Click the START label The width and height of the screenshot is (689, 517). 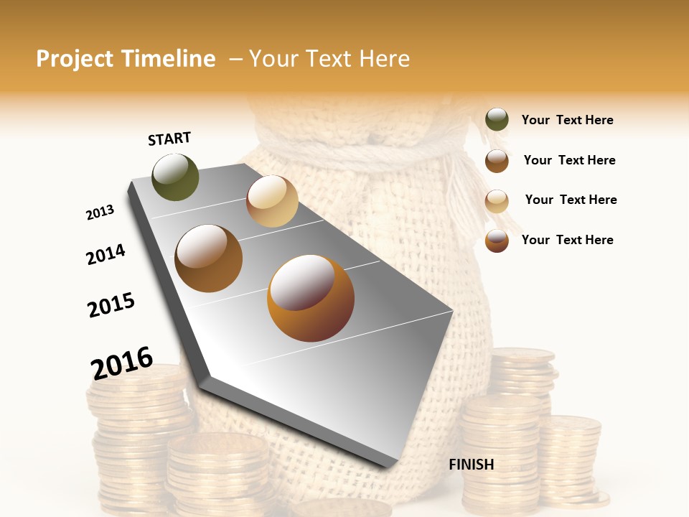(x=169, y=139)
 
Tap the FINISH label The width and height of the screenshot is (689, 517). (x=472, y=465)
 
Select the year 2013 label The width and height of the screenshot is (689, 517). (x=100, y=213)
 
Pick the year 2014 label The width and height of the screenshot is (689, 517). (x=106, y=254)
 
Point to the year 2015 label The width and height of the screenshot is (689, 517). (x=111, y=305)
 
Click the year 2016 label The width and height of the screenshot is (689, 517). (x=122, y=363)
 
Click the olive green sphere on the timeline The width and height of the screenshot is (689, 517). (x=176, y=177)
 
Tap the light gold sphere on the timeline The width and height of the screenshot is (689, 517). (x=272, y=201)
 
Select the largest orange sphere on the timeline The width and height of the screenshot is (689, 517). (x=311, y=298)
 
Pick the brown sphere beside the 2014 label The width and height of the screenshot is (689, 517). (x=209, y=258)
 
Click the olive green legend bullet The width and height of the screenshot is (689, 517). (x=497, y=120)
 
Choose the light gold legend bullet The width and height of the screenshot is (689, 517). (x=497, y=201)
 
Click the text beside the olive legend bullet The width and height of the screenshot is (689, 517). (x=567, y=120)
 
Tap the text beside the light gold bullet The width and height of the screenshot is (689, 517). (x=571, y=200)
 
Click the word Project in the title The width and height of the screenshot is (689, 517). (x=75, y=59)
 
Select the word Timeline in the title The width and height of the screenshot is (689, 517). (x=168, y=59)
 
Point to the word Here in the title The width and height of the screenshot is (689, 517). (x=384, y=59)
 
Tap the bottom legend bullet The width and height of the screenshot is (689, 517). (x=497, y=241)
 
